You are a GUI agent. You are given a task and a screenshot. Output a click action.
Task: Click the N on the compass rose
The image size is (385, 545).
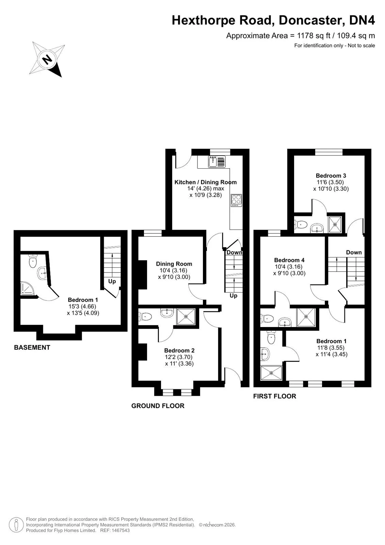pyautogui.click(x=47, y=59)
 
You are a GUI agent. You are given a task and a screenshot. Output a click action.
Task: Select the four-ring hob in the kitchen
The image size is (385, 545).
pyautogui.click(x=236, y=200)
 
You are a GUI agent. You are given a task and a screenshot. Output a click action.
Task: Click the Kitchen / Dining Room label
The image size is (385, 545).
pyautogui.click(x=206, y=182)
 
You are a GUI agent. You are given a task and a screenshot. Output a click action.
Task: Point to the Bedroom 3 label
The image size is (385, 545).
pyautogui.click(x=331, y=175)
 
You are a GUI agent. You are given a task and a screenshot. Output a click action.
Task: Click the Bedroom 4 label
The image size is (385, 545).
pyautogui.click(x=289, y=260)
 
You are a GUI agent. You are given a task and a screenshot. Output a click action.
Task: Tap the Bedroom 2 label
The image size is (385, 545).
pyautogui.click(x=179, y=351)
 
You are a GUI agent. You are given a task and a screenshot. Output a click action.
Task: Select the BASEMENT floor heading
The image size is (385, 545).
pyautogui.click(x=32, y=347)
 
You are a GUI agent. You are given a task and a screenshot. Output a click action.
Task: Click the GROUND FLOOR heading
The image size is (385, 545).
pyautogui.click(x=158, y=406)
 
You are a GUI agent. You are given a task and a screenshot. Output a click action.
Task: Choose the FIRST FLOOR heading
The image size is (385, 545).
pyautogui.click(x=275, y=396)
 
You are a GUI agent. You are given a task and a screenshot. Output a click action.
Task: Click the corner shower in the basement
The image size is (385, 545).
pyautogui.click(x=27, y=288)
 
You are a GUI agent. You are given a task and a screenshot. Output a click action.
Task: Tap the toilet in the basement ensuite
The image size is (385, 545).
pyautogui.click(x=32, y=261)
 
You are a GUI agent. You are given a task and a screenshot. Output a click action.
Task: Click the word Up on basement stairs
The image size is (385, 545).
pyautogui.click(x=112, y=281)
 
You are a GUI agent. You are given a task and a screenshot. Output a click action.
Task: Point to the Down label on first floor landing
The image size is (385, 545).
pyautogui.click(x=354, y=252)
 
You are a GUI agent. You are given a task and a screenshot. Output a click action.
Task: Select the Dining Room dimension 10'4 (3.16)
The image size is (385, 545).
pyautogui.click(x=173, y=270)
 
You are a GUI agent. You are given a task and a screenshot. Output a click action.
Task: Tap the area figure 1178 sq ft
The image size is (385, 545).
pyautogui.click(x=314, y=36)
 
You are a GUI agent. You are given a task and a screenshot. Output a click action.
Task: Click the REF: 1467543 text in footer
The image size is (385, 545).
pyautogui.click(x=115, y=530)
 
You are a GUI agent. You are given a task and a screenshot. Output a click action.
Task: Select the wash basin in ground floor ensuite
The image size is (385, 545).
pyautogui.click(x=167, y=313)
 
